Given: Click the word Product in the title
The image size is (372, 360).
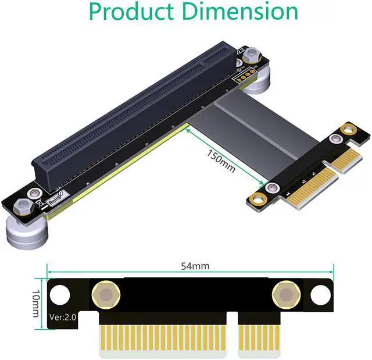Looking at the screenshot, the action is click(x=131, y=12).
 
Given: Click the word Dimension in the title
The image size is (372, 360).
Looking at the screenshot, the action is click(x=240, y=11).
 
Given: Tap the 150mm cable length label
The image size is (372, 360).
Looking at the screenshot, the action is click(x=221, y=161).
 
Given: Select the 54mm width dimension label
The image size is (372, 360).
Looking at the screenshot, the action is click(x=195, y=266).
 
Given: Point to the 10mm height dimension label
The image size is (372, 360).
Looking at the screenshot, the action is click(x=35, y=303).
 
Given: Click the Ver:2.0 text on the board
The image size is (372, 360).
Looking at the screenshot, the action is click(x=63, y=317).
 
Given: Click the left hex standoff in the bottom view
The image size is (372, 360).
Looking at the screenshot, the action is click(x=106, y=295).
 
